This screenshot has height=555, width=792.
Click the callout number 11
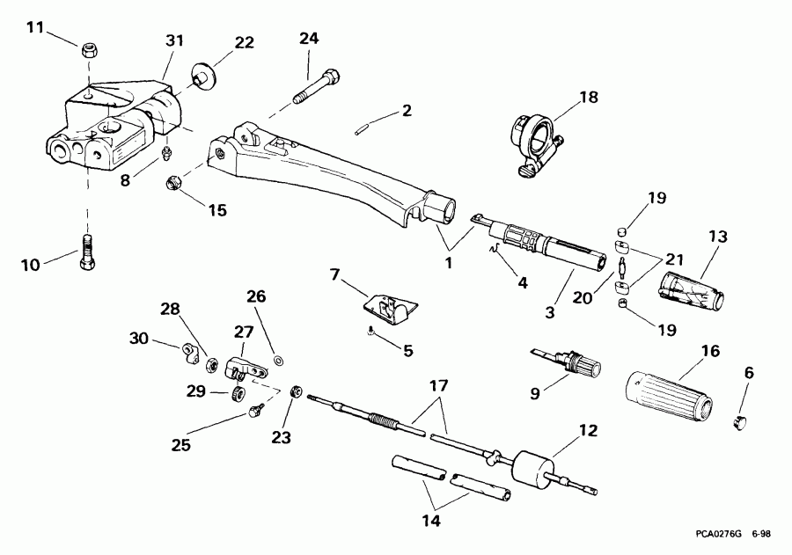tap(33, 27)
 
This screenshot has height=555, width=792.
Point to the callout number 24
tap(310, 40)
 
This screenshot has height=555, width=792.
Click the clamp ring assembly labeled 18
tap(533, 138)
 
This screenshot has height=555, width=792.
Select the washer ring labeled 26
tap(278, 360)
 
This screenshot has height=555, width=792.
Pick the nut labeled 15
tap(173, 184)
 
